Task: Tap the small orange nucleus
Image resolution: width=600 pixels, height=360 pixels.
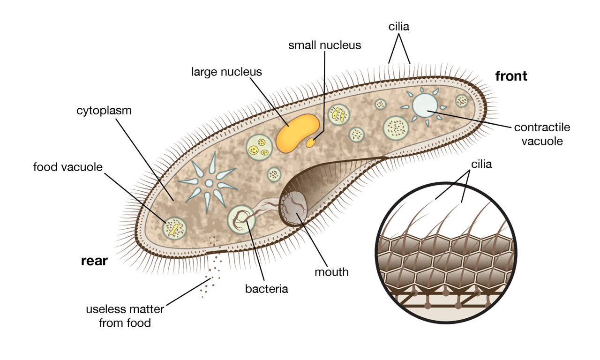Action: click(x=311, y=143)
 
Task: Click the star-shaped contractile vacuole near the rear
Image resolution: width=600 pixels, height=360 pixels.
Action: click(x=209, y=183)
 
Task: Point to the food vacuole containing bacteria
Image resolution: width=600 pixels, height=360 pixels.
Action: click(x=241, y=219)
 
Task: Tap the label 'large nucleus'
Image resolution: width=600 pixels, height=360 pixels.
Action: click(x=226, y=72)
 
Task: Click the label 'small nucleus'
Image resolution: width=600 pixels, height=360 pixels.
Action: click(x=324, y=45)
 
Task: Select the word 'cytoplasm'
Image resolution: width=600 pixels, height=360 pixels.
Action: click(x=104, y=111)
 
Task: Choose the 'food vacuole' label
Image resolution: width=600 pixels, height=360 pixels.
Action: click(x=68, y=167)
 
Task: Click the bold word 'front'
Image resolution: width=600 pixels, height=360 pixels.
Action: click(x=511, y=76)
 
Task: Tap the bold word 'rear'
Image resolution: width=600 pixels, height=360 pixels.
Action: click(x=94, y=261)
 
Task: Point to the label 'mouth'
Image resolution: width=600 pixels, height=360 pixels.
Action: click(x=331, y=271)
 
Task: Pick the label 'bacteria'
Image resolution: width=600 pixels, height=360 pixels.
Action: click(x=266, y=288)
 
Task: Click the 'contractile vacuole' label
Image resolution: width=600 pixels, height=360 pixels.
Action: click(x=541, y=134)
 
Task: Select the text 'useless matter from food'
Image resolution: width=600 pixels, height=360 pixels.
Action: click(x=125, y=316)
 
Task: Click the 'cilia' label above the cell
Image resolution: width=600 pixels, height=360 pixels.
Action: click(x=399, y=27)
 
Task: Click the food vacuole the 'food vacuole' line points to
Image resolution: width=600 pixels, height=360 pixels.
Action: click(x=174, y=228)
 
